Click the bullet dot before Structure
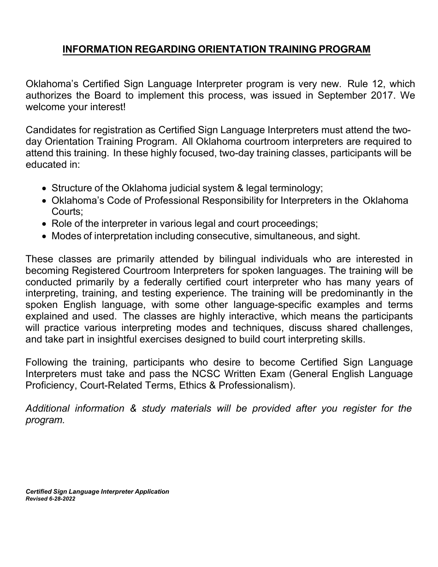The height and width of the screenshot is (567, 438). (x=44, y=189)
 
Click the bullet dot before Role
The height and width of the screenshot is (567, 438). (x=44, y=224)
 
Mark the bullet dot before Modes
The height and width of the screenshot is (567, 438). (x=44, y=236)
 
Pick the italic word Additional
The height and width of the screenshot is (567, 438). (x=48, y=408)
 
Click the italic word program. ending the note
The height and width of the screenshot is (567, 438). (x=45, y=420)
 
